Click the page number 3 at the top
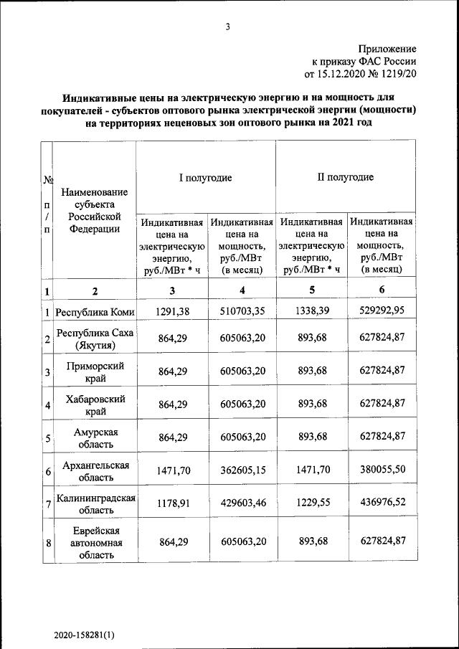point(227,27)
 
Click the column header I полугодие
point(205,177)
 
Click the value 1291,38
point(171,312)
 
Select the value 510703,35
point(242,312)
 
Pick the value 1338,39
point(312,312)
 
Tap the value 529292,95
point(382,312)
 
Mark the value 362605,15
point(242,471)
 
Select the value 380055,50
point(382,470)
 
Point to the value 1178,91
point(171,504)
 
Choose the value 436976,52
point(382,504)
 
